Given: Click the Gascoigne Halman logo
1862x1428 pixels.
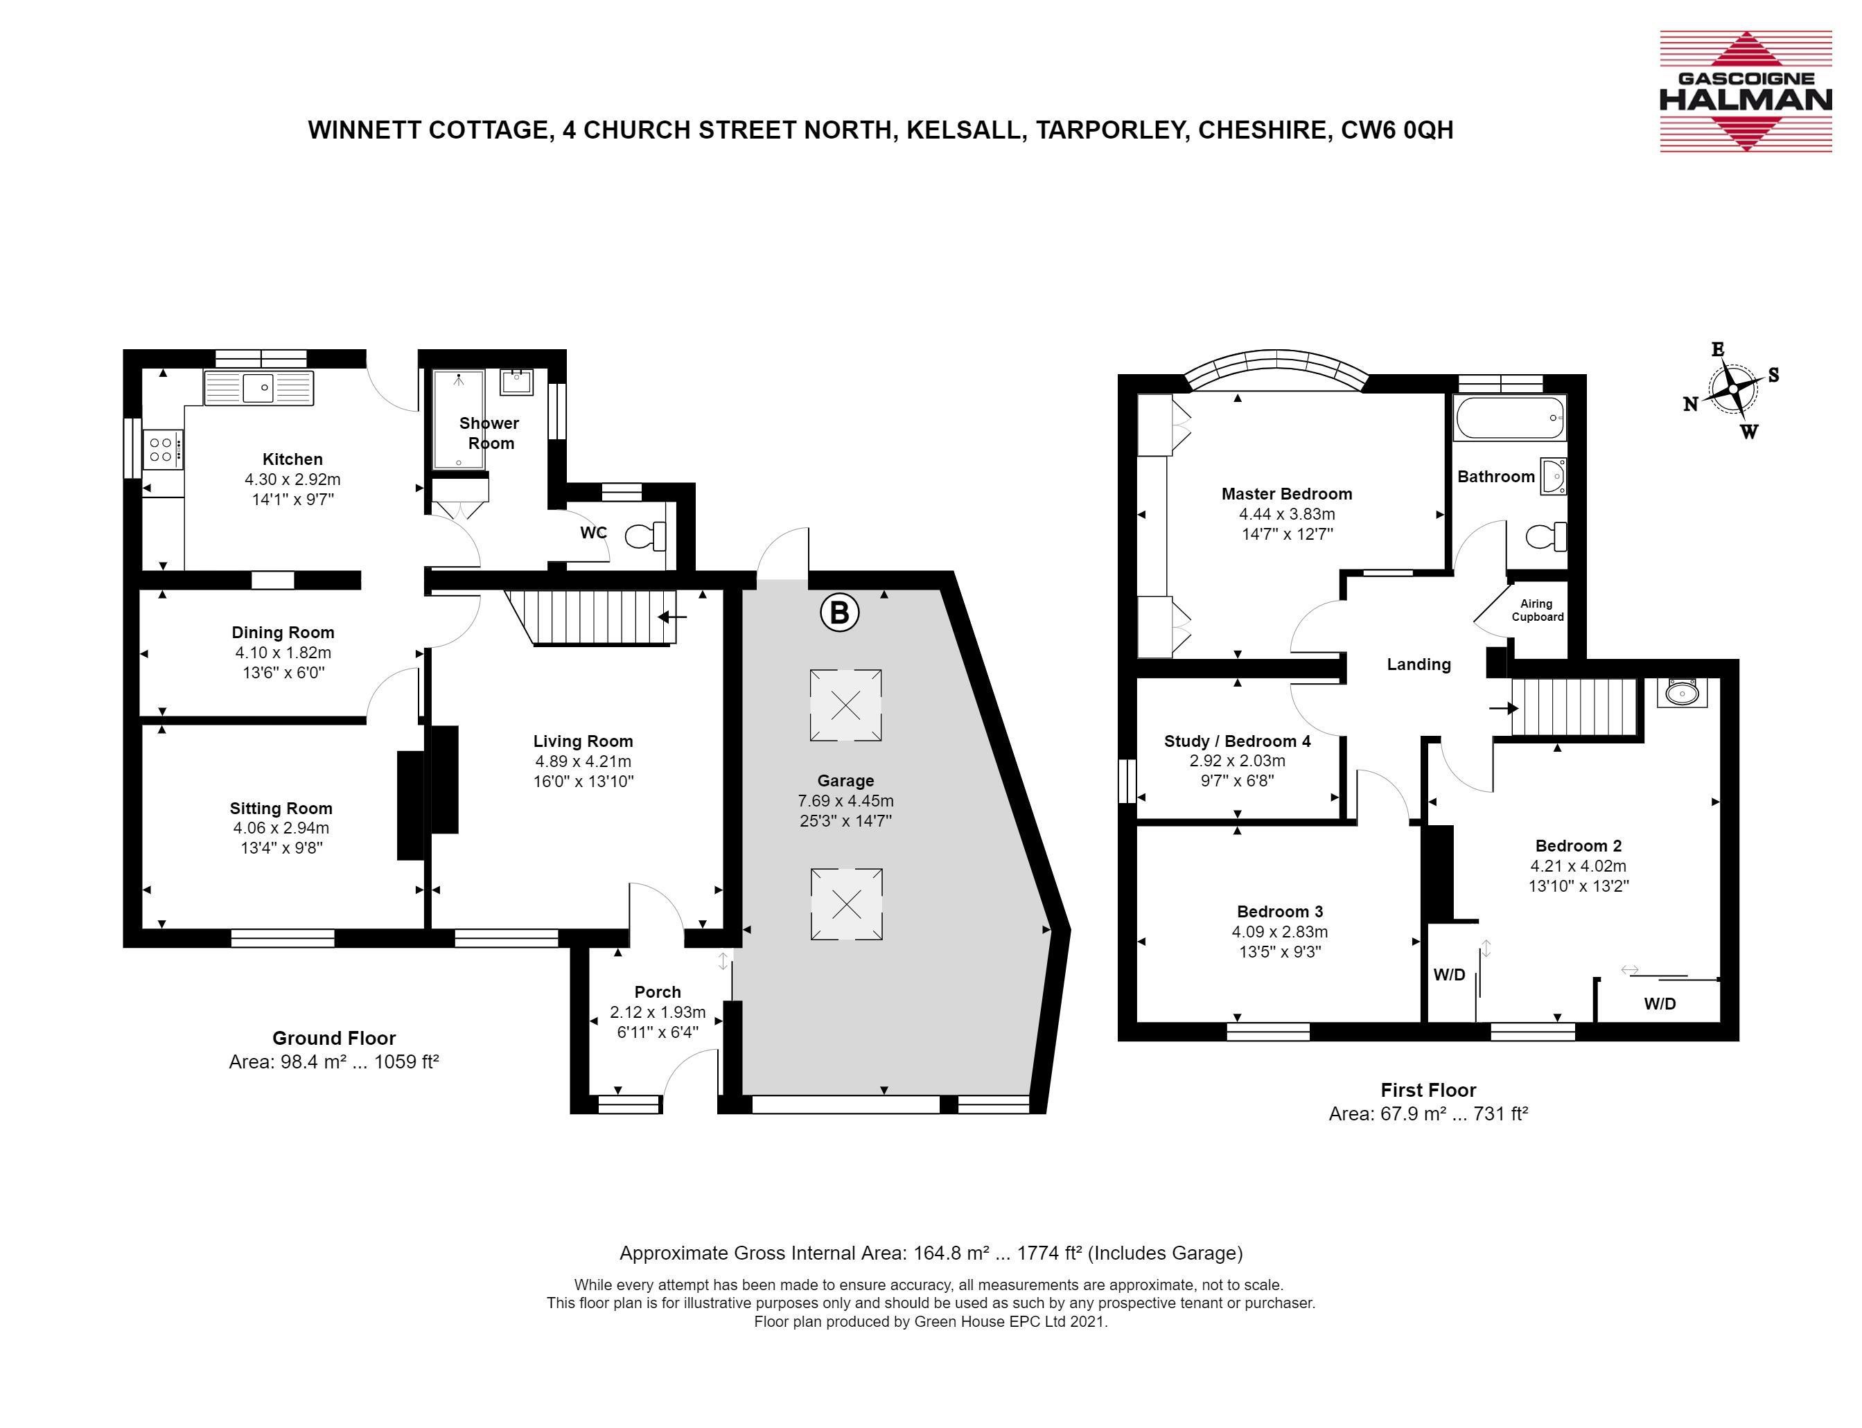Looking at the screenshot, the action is click(1746, 91).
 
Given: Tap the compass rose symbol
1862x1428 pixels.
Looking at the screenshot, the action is click(1732, 390).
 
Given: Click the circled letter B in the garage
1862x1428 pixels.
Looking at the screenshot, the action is click(839, 612).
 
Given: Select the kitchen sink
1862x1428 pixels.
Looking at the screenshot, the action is click(258, 387).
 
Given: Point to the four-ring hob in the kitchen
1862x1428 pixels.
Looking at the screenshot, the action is click(161, 449).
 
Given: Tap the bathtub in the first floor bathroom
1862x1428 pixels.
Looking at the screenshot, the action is click(1509, 418).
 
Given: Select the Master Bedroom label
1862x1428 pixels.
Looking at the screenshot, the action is click(1286, 494).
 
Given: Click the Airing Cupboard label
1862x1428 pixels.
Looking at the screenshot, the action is click(1537, 610).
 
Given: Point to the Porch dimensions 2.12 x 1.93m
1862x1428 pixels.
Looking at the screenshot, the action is click(657, 1012).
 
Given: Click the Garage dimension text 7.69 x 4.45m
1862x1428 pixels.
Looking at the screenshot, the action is click(845, 801).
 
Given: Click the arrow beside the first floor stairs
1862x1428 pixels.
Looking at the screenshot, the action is click(1503, 708).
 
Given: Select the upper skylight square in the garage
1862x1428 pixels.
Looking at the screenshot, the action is click(845, 705).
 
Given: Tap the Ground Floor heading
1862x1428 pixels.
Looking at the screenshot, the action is click(334, 1038).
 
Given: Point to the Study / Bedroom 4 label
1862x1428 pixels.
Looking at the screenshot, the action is click(1237, 741).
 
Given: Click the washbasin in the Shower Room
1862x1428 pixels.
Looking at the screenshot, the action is click(516, 382).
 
